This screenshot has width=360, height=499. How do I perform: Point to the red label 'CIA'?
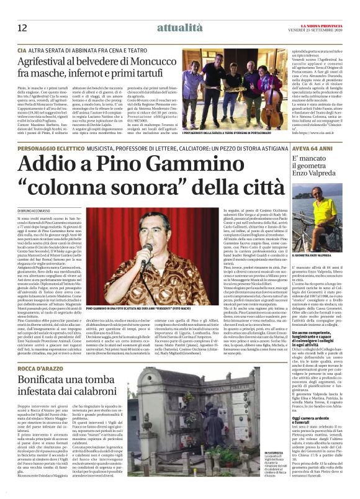click(x=22, y=48)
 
